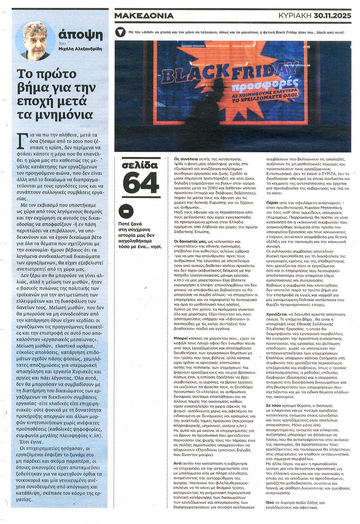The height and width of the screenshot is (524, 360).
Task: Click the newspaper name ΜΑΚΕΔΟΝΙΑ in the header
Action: click(144, 16)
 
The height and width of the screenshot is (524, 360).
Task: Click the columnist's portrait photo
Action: click(36, 41)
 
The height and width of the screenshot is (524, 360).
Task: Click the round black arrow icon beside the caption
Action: click(121, 33)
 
